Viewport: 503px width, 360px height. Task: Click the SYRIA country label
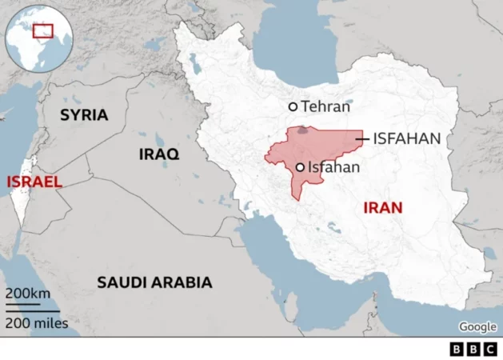(x=84, y=115)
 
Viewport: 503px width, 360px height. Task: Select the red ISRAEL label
(x=34, y=182)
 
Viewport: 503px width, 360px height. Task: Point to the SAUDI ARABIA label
(x=154, y=282)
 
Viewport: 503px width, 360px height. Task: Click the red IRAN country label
(x=383, y=208)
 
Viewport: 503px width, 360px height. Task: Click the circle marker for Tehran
(x=293, y=106)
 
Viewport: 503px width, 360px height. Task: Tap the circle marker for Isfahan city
(x=300, y=167)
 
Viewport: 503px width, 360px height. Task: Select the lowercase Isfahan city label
(x=333, y=167)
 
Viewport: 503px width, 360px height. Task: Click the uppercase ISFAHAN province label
(x=407, y=138)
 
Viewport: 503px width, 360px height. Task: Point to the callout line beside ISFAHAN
(x=362, y=139)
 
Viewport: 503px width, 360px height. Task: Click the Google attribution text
(x=477, y=326)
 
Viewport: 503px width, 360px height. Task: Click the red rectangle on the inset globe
(x=43, y=31)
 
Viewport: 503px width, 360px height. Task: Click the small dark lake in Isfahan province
(x=302, y=130)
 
